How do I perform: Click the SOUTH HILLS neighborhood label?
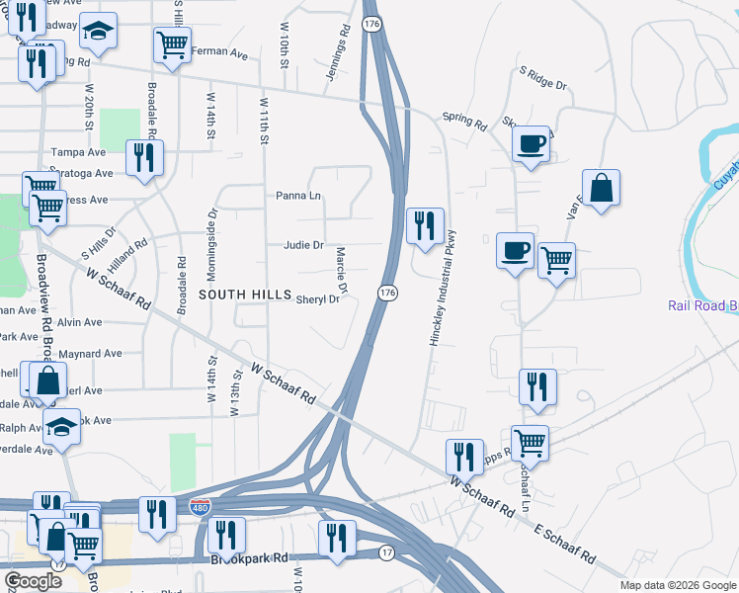coord(245,296)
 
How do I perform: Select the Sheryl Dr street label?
coord(317,298)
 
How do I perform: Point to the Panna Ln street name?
coord(300,196)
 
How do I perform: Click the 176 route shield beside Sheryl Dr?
coord(387,294)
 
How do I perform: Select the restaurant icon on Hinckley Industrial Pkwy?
coord(425,224)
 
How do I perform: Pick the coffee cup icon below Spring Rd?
coord(531,144)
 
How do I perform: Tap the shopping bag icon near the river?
coord(601,187)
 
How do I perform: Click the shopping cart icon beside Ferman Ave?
coord(172,45)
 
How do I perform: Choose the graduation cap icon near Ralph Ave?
coord(61,427)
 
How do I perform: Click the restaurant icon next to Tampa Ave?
coord(144,157)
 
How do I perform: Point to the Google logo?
coord(34,581)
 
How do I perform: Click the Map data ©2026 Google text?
coord(677,585)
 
